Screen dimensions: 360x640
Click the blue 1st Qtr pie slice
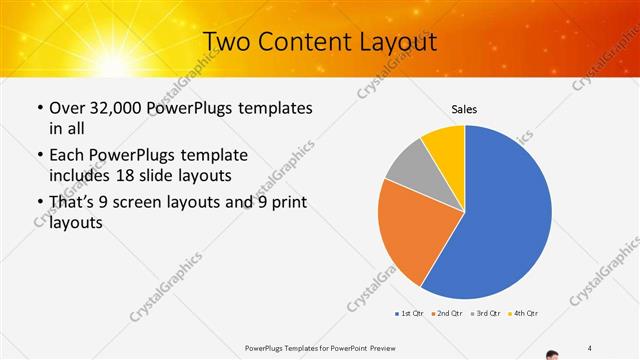pyautogui.click(x=505, y=220)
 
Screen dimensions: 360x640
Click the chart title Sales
pyautogui.click(x=464, y=108)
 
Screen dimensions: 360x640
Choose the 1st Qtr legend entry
pyautogui.click(x=409, y=314)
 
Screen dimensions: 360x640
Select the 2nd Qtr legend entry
pyautogui.click(x=445, y=314)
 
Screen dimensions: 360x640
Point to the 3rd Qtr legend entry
pyautogui.click(x=484, y=314)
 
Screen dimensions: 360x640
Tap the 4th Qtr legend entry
pyautogui.click(x=523, y=314)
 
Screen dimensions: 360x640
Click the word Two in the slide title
pyautogui.click(x=225, y=42)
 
